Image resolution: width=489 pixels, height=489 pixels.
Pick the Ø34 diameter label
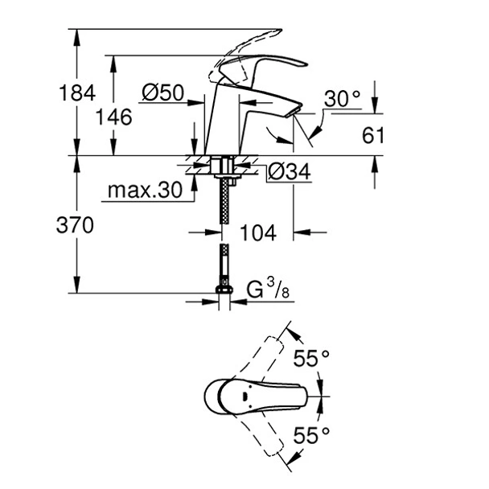286,171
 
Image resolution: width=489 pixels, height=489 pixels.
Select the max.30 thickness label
142,192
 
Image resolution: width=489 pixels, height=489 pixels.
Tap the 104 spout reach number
258,233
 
